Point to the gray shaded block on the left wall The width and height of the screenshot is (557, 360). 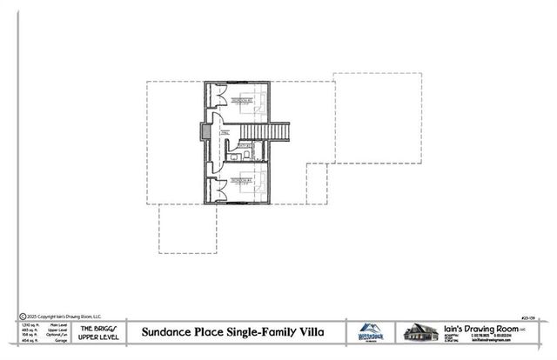tap(204, 131)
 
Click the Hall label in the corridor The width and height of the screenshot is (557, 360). tap(223, 133)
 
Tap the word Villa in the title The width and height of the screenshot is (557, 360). tap(309, 331)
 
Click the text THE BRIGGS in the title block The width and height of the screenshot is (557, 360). tap(93, 327)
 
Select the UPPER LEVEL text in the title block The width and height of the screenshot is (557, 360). tap(93, 336)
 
